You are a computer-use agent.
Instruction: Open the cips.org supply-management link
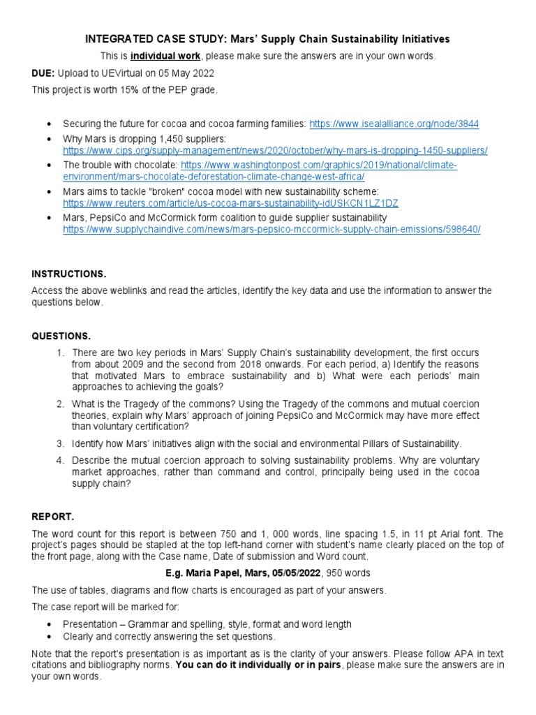(x=275, y=150)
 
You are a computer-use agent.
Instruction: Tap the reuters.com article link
(x=230, y=202)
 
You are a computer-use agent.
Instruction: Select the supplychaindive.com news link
(x=271, y=229)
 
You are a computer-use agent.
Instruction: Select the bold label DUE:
(x=44, y=73)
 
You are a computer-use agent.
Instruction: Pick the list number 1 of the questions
(x=61, y=353)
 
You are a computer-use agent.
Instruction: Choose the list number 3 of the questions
(x=61, y=443)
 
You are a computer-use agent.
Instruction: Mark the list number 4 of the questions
(x=61, y=460)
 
